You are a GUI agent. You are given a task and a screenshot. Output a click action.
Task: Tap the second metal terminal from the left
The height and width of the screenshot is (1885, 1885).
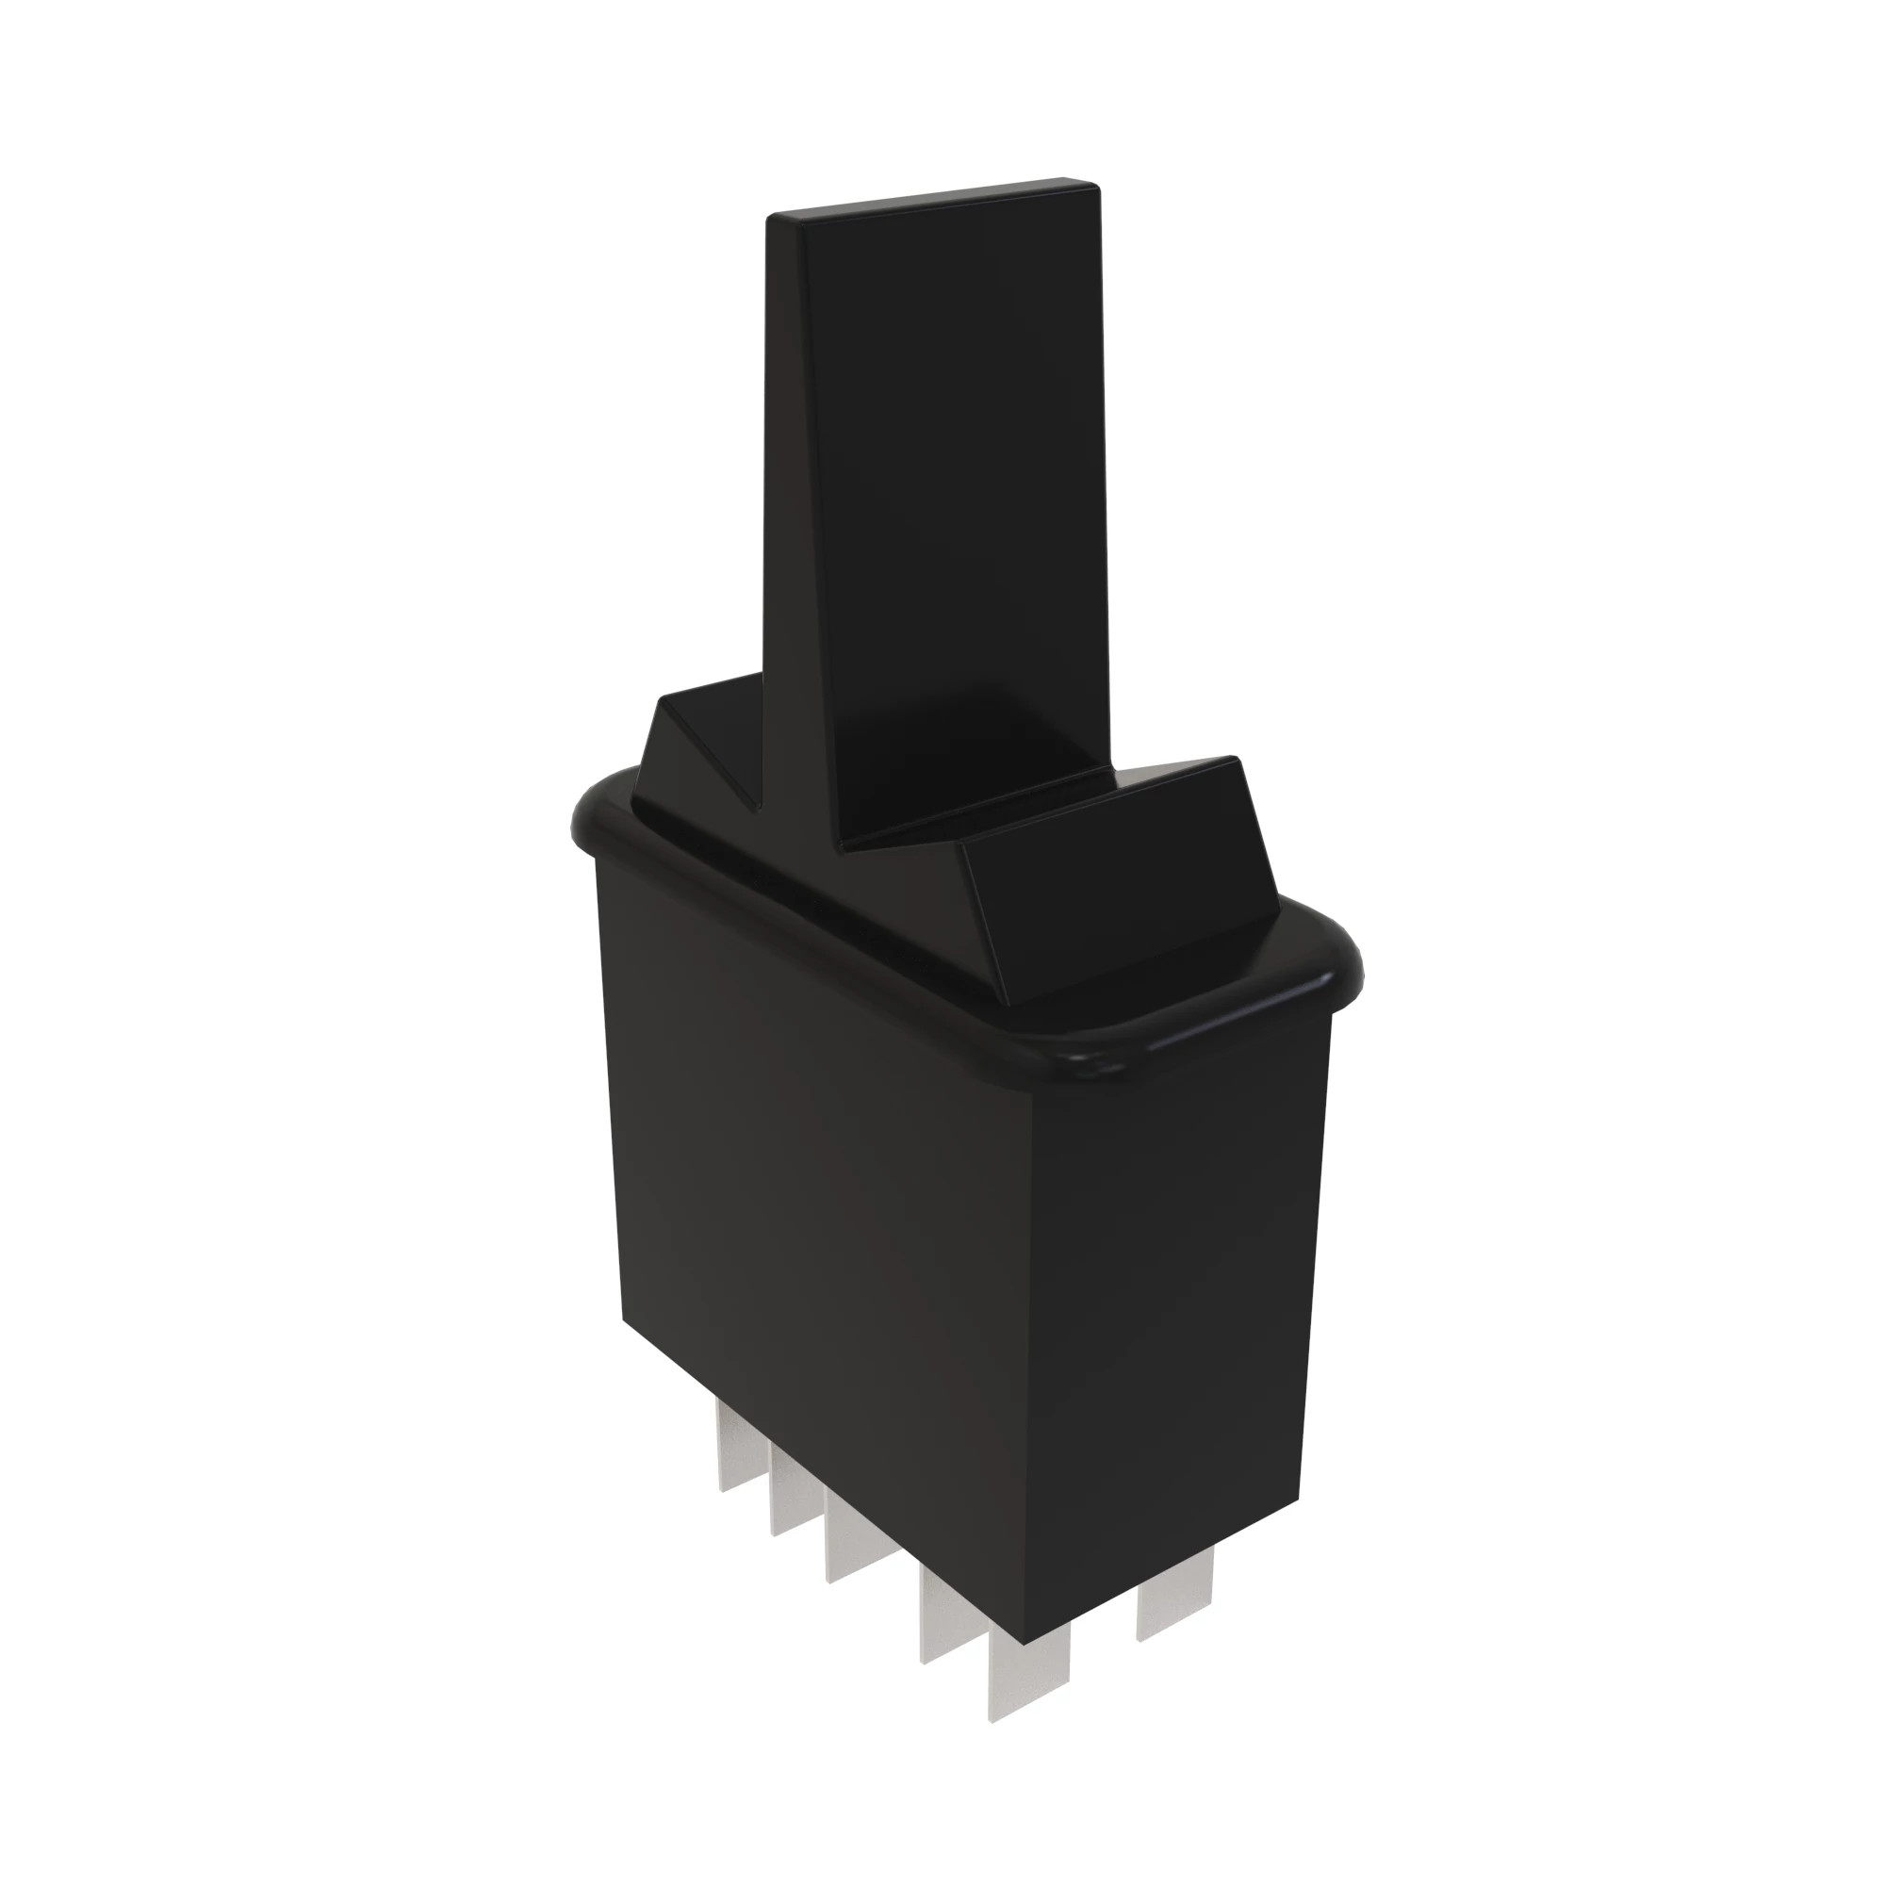pos(792,1503)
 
